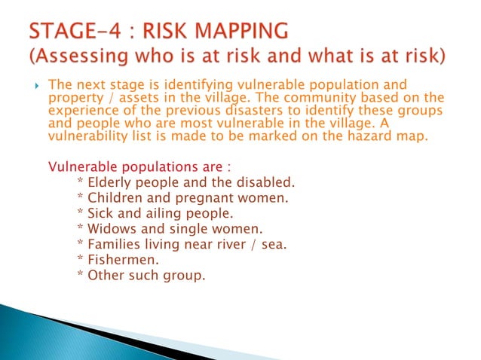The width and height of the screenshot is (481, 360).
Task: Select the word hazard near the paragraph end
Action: click(373, 136)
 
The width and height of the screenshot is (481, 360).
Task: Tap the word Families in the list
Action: click(114, 243)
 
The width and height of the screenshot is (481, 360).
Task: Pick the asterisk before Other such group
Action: click(81, 274)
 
